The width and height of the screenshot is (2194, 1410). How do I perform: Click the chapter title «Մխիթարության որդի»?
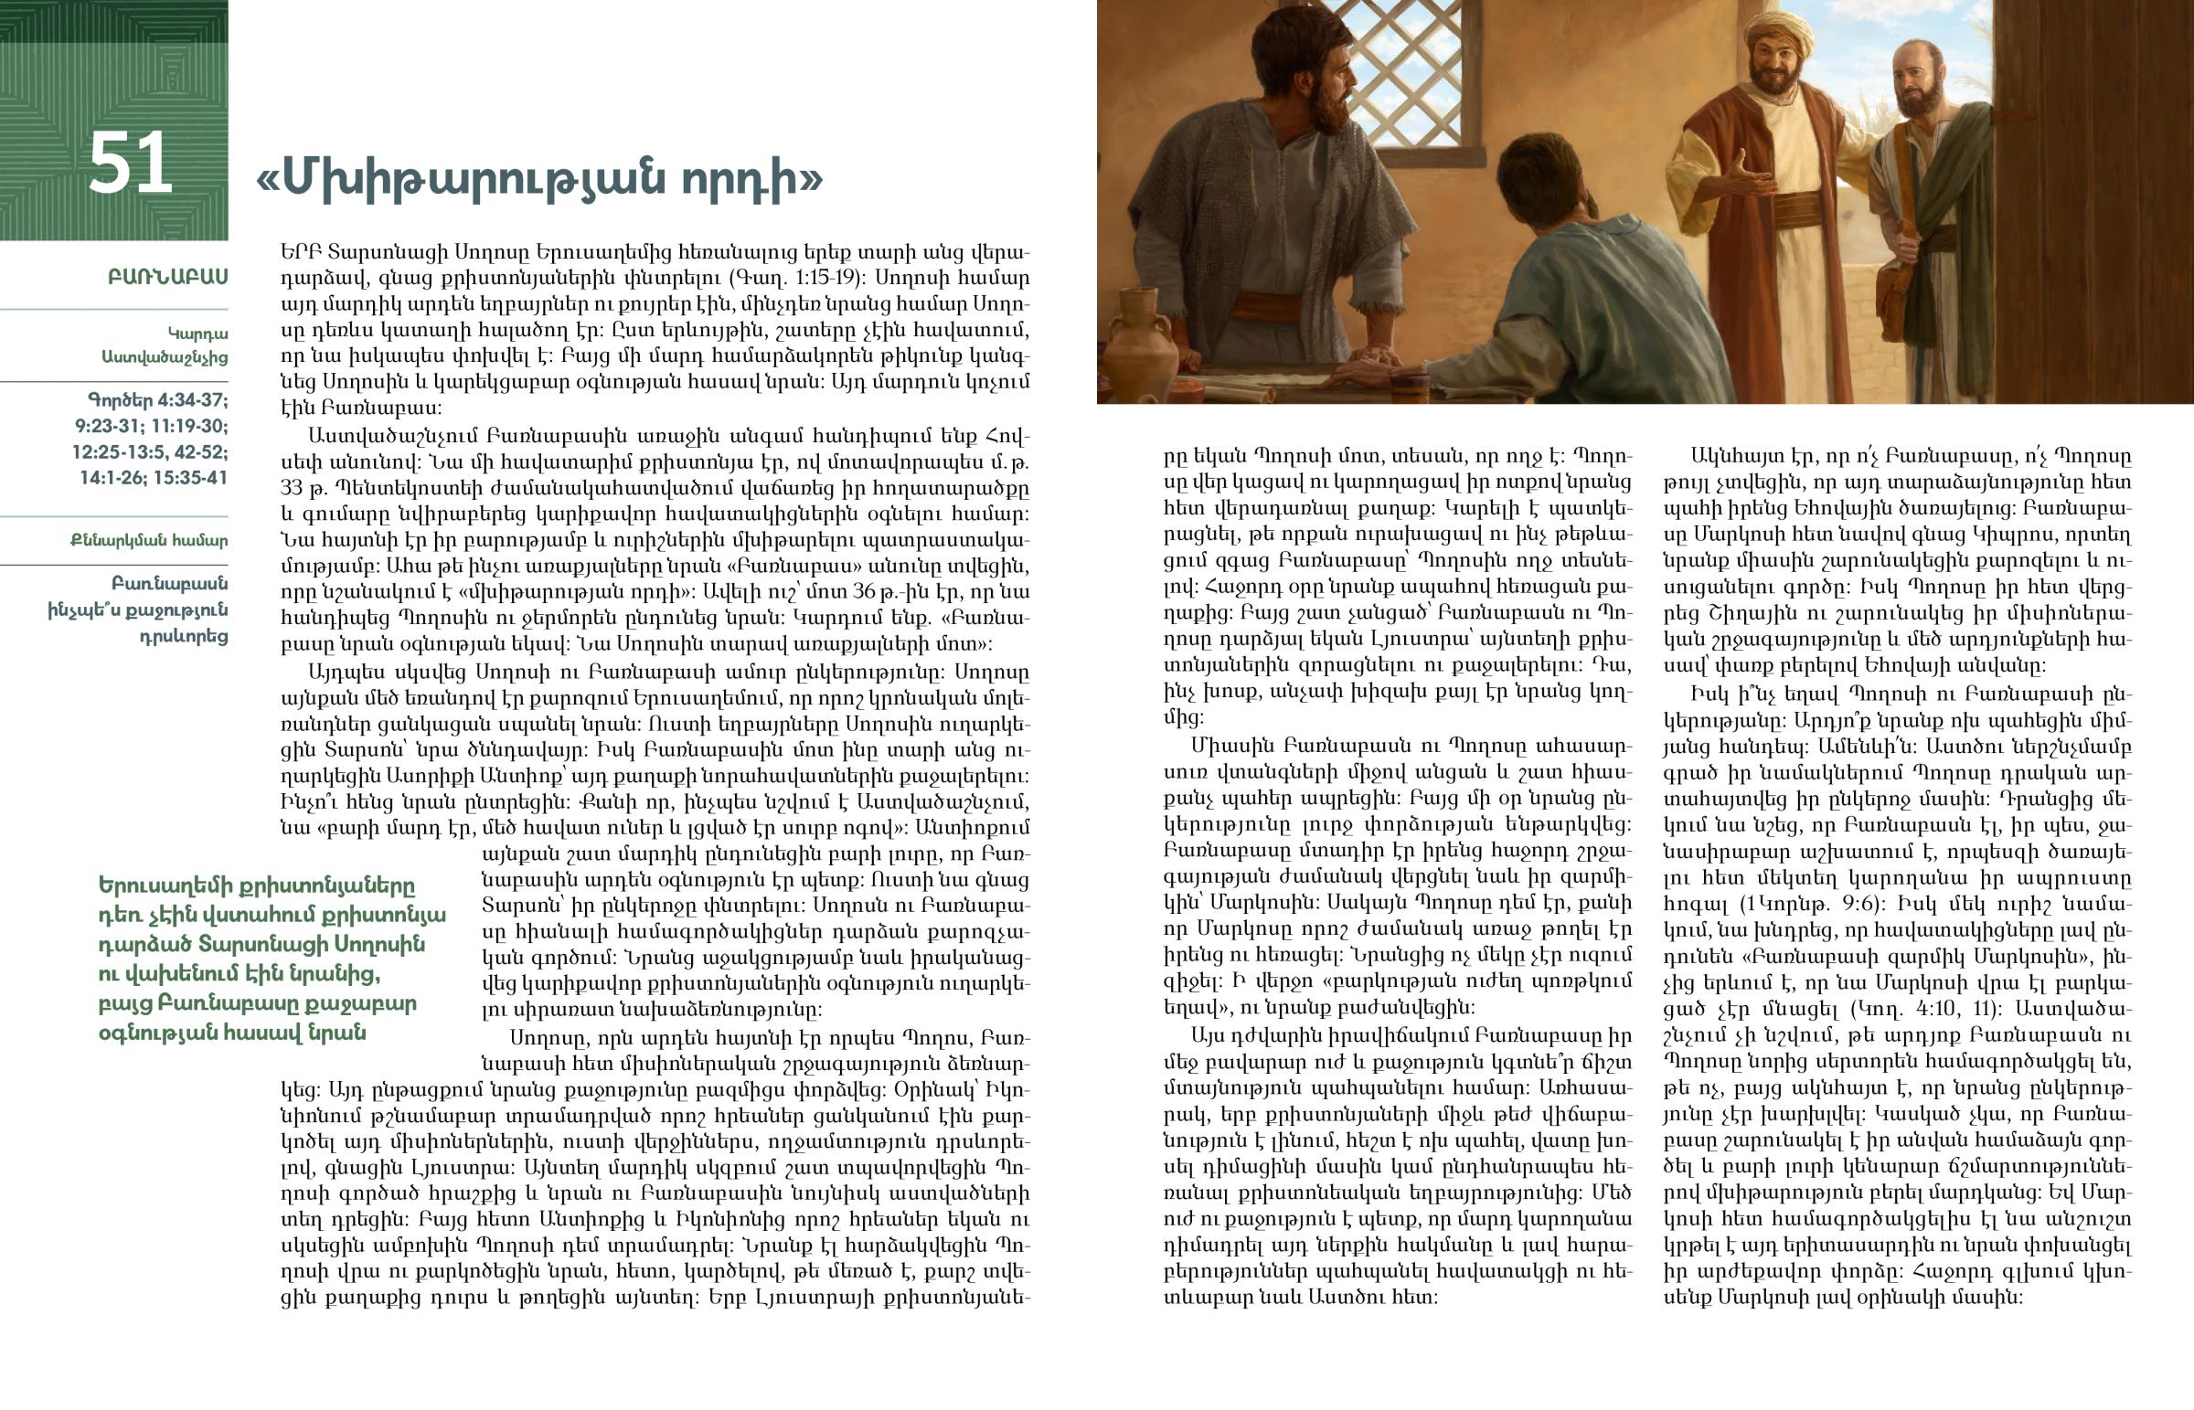coord(539,178)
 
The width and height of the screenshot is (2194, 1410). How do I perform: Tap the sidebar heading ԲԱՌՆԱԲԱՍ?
coord(167,278)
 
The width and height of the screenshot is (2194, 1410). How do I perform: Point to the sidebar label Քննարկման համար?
coord(149,540)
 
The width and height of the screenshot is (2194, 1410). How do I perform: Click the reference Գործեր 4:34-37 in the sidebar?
coord(157,400)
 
